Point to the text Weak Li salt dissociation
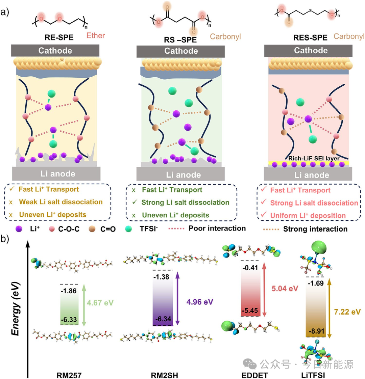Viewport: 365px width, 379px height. (61, 202)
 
